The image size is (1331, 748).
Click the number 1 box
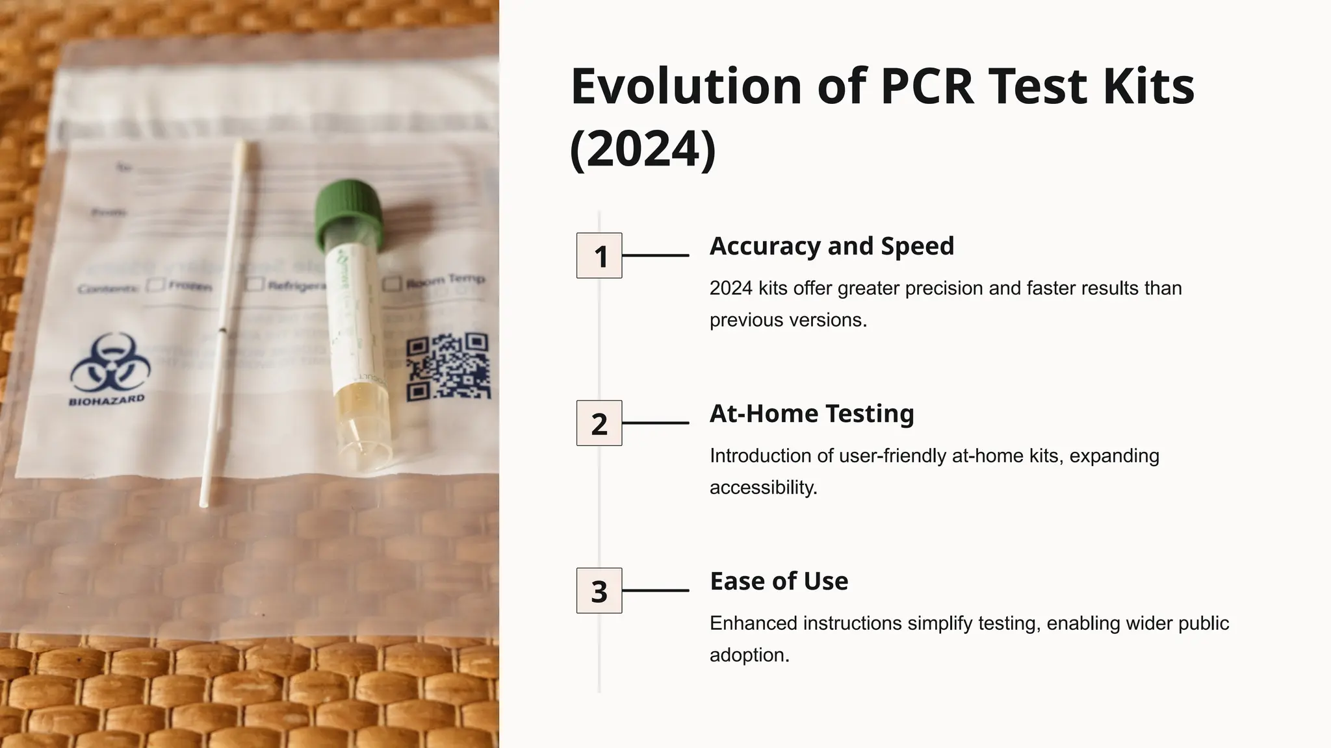click(599, 256)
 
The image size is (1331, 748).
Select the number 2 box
click(599, 423)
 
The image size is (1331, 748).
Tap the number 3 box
click(599, 591)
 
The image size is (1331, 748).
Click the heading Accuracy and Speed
click(831, 246)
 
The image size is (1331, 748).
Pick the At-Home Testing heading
click(811, 414)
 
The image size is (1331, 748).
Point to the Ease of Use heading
click(779, 581)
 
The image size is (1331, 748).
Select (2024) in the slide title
click(642, 149)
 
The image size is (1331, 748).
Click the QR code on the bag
click(448, 367)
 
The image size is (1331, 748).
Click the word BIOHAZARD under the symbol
click(107, 400)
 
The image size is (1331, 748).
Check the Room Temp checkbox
click(391, 284)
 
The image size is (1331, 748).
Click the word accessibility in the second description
click(763, 488)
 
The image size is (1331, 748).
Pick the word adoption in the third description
click(749, 655)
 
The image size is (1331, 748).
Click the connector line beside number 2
click(655, 423)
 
